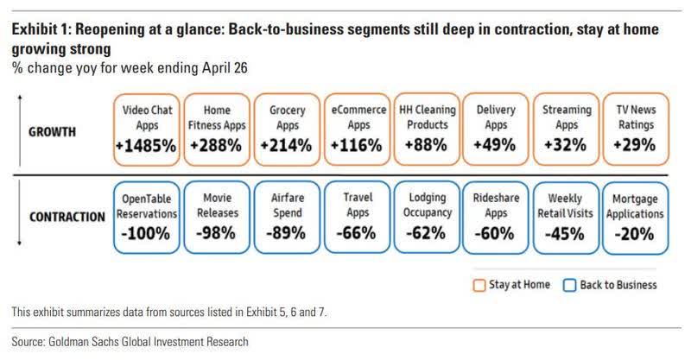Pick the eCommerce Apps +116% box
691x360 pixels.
coord(356,129)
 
